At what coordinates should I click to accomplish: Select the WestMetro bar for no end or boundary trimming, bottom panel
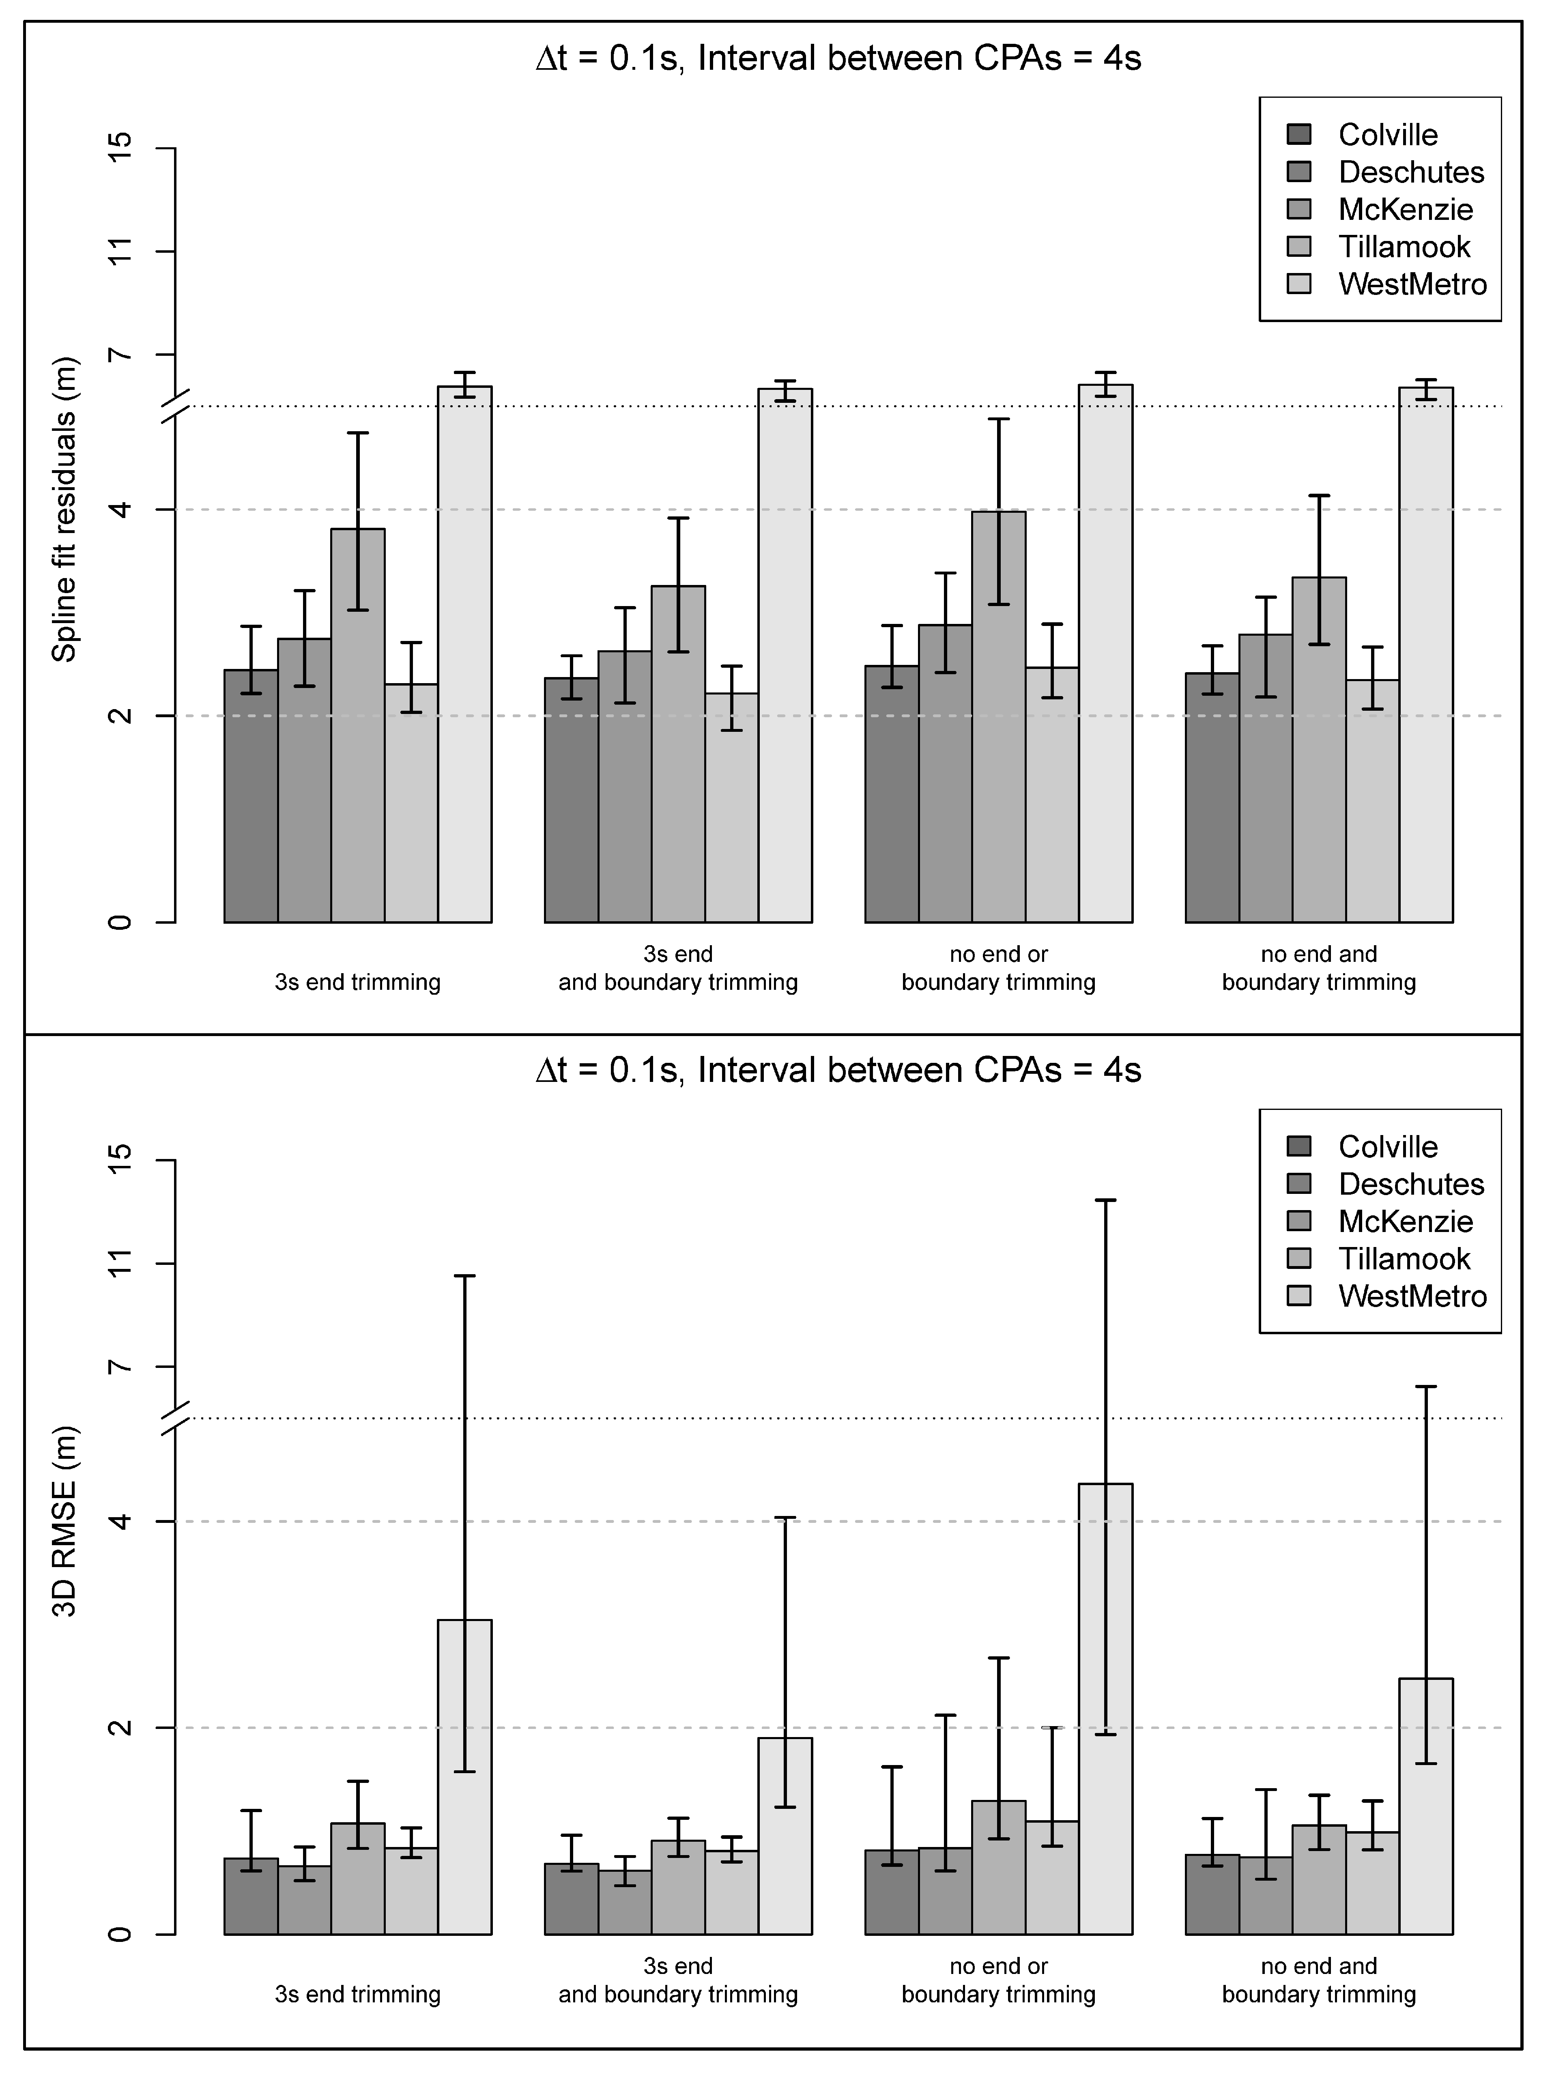tap(1105, 1709)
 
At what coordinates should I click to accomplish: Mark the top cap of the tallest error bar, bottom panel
tap(1105, 1200)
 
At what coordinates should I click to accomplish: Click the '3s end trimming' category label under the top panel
tap(358, 982)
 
